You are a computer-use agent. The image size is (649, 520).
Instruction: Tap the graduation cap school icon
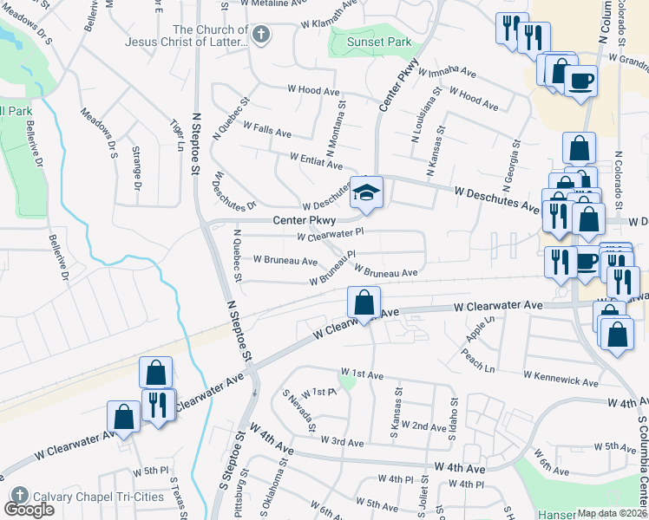tap(366, 192)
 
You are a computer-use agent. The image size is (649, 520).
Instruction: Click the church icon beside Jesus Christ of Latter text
tap(261, 35)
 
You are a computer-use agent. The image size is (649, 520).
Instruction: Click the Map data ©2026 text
tap(613, 513)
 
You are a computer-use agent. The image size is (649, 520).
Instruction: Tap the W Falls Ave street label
tap(266, 131)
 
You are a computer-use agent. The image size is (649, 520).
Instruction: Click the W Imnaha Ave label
tap(453, 71)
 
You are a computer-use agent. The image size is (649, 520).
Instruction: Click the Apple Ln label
tap(479, 328)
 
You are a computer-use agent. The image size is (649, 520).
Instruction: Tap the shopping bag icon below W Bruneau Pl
tap(364, 303)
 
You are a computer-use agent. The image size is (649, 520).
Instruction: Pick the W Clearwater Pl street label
tap(330, 234)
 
